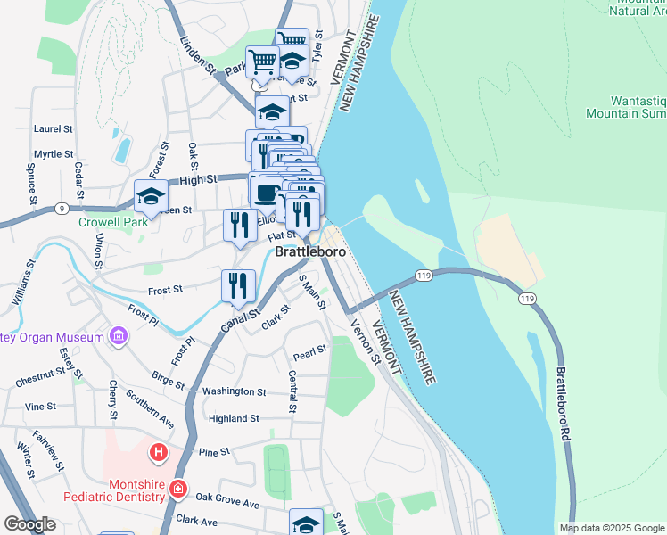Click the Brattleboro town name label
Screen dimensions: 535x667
pos(309,251)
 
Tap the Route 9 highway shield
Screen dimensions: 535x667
pos(61,208)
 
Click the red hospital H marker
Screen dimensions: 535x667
pos(159,453)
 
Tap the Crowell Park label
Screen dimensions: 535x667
pos(112,222)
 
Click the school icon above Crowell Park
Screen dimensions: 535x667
pos(151,196)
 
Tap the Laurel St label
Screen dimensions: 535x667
pos(53,128)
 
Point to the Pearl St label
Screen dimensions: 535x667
pos(310,354)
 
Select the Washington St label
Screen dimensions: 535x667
pos(234,391)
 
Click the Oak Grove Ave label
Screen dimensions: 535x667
pos(227,500)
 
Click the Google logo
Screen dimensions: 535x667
pos(30,524)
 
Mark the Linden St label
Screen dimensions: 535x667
pos(198,55)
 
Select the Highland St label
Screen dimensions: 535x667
pos(234,417)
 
